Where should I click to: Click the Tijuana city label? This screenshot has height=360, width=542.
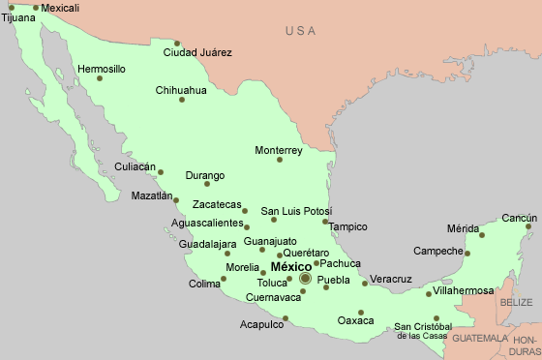pyautogui.click(x=18, y=17)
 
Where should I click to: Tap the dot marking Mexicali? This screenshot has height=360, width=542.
pyautogui.click(x=36, y=8)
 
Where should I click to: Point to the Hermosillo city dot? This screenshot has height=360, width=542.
pyautogui.click(x=100, y=78)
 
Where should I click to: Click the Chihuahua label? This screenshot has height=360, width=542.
pyautogui.click(x=181, y=90)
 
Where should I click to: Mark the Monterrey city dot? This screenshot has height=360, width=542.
pyautogui.click(x=280, y=160)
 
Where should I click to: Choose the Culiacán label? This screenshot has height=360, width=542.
pyautogui.click(x=135, y=166)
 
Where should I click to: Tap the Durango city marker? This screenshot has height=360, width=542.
pyautogui.click(x=206, y=184)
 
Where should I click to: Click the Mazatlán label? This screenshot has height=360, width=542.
pyautogui.click(x=152, y=195)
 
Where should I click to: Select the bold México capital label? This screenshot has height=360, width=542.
pyautogui.click(x=290, y=266)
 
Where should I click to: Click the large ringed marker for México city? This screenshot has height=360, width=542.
pyautogui.click(x=305, y=279)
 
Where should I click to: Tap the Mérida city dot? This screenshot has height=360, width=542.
pyautogui.click(x=481, y=234)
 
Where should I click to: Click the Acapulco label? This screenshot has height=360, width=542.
pyautogui.click(x=262, y=325)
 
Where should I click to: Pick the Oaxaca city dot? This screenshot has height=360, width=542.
pyautogui.click(x=361, y=313)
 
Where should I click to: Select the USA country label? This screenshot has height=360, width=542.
pyautogui.click(x=301, y=32)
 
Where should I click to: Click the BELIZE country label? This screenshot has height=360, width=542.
pyautogui.click(x=516, y=303)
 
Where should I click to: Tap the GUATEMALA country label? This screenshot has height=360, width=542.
pyautogui.click(x=480, y=339)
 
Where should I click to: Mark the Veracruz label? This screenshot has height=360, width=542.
pyautogui.click(x=391, y=280)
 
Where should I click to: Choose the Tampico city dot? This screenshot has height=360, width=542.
pyautogui.click(x=326, y=222)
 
